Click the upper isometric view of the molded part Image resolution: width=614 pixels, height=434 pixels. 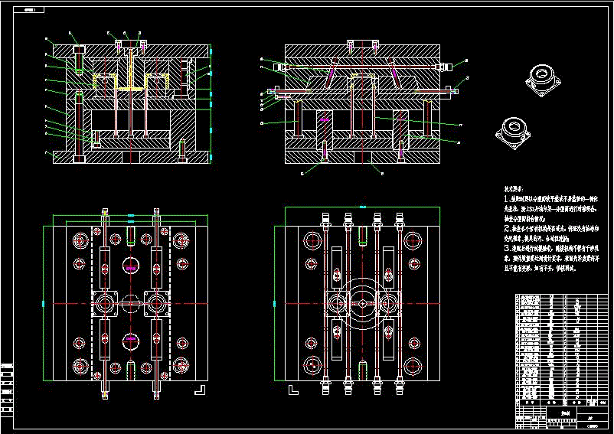point(541,80)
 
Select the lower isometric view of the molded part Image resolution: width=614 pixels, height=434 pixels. point(512,132)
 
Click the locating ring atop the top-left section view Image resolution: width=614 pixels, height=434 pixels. point(129,42)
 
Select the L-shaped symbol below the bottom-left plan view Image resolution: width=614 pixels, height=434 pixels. point(201,389)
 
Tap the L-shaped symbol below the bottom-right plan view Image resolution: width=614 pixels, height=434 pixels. point(292,390)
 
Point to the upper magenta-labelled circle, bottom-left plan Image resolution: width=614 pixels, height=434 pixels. point(131,267)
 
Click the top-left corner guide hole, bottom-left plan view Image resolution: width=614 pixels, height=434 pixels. point(80,241)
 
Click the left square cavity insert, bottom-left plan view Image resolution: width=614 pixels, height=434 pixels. point(105,303)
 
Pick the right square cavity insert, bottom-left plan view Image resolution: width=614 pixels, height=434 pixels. point(157,303)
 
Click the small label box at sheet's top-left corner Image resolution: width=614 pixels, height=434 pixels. point(30,11)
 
